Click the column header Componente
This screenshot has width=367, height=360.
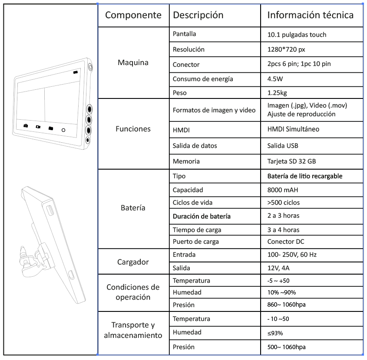click(x=133, y=15)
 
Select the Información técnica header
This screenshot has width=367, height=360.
click(x=310, y=15)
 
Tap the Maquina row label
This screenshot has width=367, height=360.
click(x=133, y=62)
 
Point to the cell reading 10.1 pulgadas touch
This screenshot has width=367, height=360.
click(x=297, y=34)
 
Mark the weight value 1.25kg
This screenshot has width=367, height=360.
click(x=277, y=92)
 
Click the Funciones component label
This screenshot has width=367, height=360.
click(x=133, y=129)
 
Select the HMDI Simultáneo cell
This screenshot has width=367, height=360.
click(x=294, y=129)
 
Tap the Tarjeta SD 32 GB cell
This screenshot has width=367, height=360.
click(x=291, y=161)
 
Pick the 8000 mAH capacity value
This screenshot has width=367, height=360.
click(x=283, y=190)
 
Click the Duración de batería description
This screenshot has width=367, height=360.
click(x=202, y=216)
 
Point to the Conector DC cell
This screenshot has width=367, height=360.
click(x=287, y=242)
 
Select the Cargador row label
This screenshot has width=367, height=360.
click(x=133, y=262)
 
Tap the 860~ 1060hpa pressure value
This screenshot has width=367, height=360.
click(x=286, y=304)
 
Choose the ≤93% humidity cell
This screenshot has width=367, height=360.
click(x=275, y=333)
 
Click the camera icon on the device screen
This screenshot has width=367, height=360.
click(x=26, y=126)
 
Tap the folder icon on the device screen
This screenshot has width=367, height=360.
click(x=50, y=128)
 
